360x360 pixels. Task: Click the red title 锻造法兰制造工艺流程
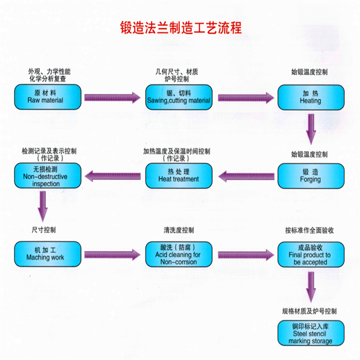[181, 28]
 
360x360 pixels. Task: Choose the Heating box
[311, 97]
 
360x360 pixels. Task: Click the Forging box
[311, 176]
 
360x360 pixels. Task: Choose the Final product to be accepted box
[311, 254]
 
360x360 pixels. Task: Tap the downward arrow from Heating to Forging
[311, 128]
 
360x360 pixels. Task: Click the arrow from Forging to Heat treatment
[246, 176]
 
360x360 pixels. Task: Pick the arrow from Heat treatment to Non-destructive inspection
[113, 176]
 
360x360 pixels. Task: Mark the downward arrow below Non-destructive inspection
[43, 205]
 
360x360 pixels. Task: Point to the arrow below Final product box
[311, 287]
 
